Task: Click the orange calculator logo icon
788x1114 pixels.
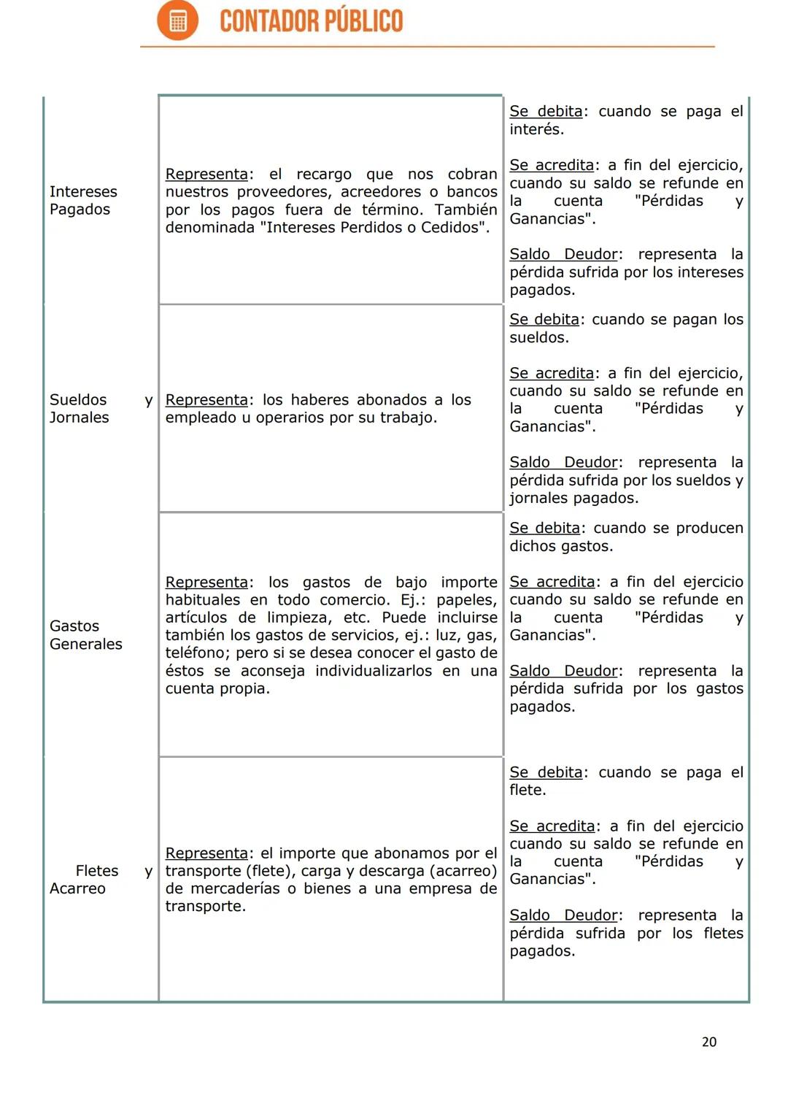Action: pos(177,20)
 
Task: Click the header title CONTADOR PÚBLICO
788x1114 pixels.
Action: pos(311,21)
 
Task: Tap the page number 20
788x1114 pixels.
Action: pos(708,1042)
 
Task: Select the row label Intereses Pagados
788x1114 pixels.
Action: pos(82,200)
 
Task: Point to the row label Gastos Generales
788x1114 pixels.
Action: pos(85,635)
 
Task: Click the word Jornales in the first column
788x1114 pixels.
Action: pos(79,418)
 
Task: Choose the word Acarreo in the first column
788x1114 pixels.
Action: pos(77,888)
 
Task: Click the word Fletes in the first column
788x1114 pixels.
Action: pos(96,871)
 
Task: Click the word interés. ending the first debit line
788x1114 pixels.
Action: pos(536,129)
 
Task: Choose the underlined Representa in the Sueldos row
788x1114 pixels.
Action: pos(206,400)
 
